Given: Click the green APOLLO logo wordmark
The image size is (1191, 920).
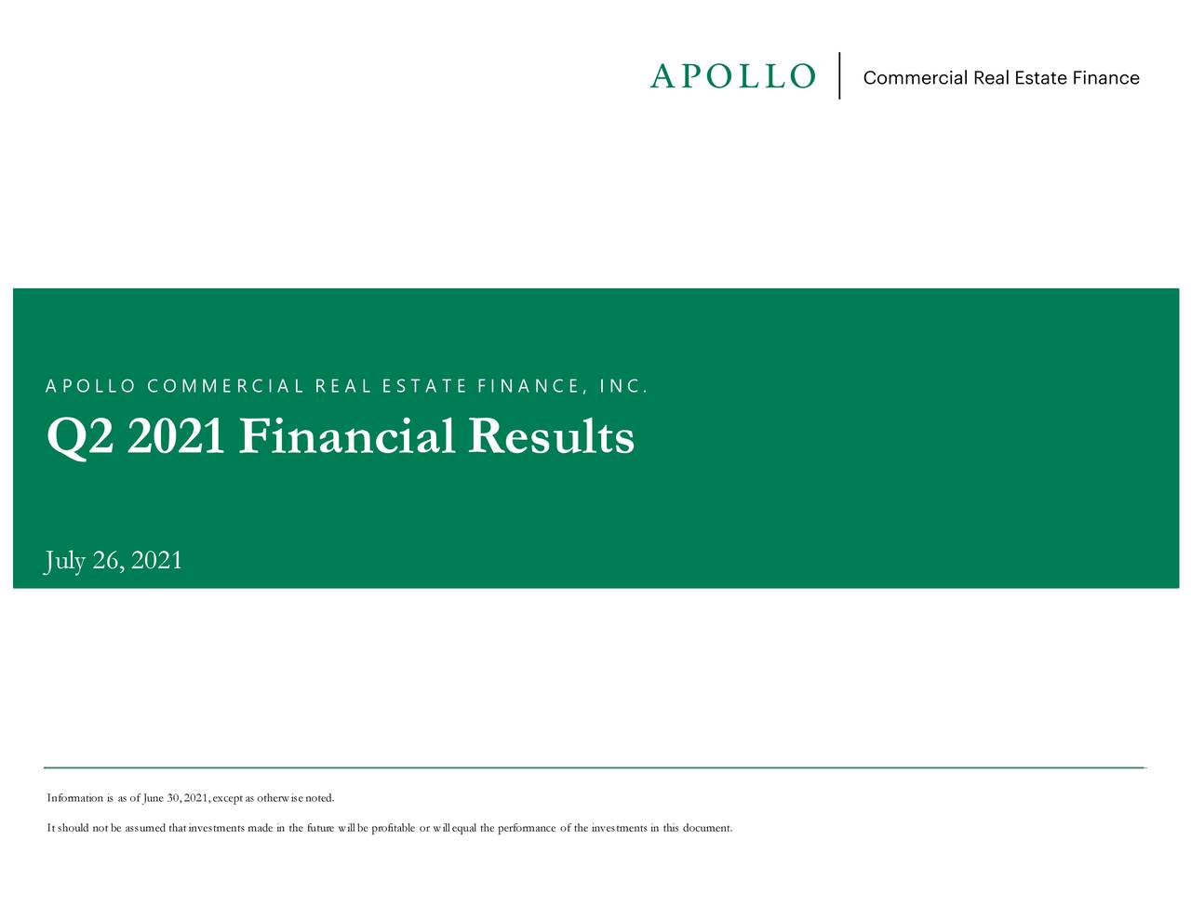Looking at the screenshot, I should click(732, 76).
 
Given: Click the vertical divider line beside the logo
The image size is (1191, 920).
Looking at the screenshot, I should click(840, 76).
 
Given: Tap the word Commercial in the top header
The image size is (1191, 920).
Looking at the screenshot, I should click(915, 78).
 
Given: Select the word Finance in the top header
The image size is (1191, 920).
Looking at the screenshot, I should click(1105, 78).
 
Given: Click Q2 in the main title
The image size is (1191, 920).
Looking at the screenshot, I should click(80, 437).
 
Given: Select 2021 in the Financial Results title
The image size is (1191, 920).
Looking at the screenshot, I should click(177, 437).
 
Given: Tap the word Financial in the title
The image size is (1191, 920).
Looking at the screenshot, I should click(345, 437).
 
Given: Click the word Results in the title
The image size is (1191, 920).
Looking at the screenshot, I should click(551, 437).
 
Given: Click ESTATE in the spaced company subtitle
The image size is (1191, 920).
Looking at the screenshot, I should click(424, 386).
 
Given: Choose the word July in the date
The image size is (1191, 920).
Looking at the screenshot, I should click(65, 561).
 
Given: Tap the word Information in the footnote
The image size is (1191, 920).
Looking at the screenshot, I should click(74, 798).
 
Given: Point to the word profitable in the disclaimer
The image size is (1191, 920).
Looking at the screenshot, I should click(394, 828).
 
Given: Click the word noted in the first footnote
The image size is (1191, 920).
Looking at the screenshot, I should click(319, 798).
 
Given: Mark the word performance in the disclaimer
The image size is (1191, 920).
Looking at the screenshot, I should click(528, 828).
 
